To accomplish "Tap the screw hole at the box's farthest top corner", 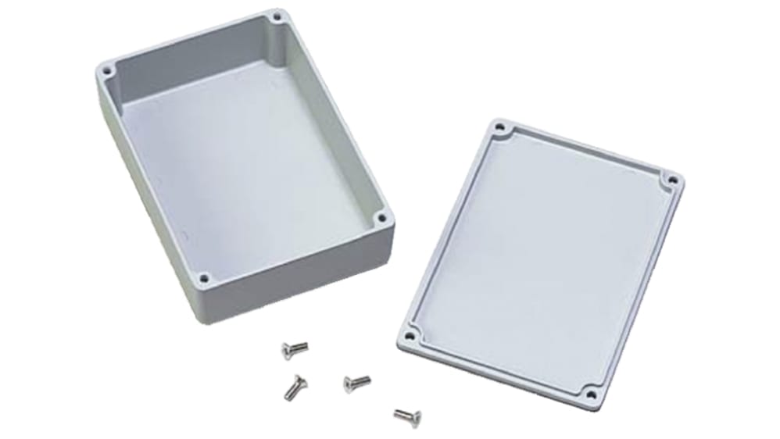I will click(x=275, y=16).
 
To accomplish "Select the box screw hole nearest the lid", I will click(x=381, y=219).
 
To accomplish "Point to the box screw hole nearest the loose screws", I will click(x=203, y=277).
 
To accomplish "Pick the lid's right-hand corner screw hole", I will click(x=671, y=180).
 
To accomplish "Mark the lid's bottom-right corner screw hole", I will click(x=592, y=393).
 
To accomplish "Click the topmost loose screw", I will click(x=294, y=348).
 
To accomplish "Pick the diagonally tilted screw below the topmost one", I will click(x=295, y=384).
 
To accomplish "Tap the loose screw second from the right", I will click(x=356, y=382).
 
